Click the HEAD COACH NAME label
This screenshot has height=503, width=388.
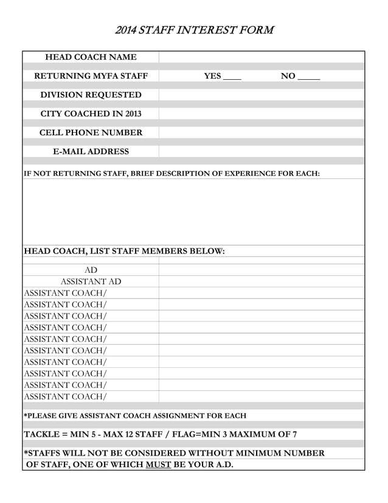pos(91,57)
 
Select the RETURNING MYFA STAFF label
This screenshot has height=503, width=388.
pos(91,76)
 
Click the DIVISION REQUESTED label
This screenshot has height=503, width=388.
pos(91,95)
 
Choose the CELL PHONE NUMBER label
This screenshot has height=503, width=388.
pos(91,133)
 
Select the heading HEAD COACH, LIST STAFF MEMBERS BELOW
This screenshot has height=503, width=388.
pos(124,251)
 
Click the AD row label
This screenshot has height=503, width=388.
pos(91,270)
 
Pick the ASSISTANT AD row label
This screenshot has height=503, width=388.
pos(91,281)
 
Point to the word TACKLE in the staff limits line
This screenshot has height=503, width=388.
pos(43,434)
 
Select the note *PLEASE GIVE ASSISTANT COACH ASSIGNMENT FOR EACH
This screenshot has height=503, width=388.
pos(135,416)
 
